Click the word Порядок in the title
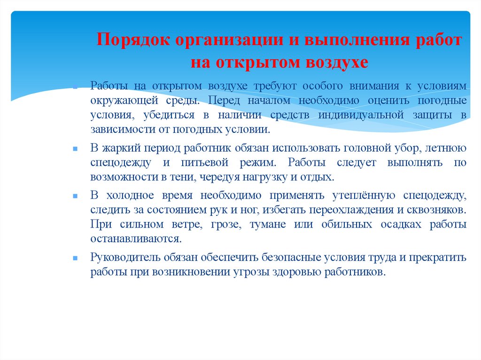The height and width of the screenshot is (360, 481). coord(133,40)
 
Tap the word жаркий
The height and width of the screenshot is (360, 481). coord(121,148)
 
